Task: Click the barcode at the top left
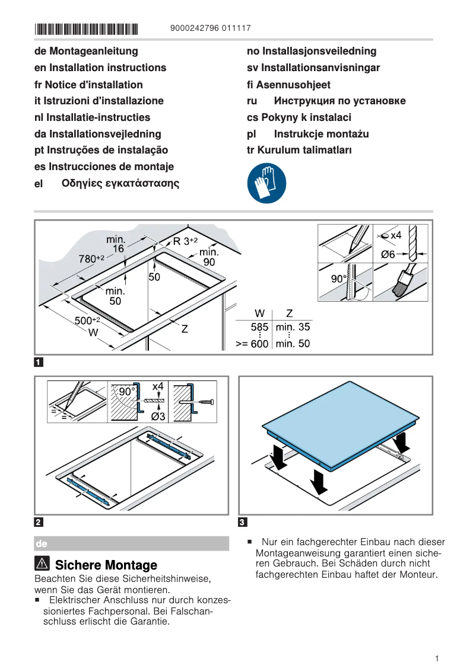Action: pos(86,28)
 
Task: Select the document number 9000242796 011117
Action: pos(210,28)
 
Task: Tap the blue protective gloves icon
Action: pos(266,184)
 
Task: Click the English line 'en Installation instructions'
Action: pos(100,68)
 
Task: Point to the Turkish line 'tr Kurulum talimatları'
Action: pos(299,151)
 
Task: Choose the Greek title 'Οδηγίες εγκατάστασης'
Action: pos(120,184)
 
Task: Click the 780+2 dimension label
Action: pos(91,258)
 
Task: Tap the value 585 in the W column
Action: pos(259,327)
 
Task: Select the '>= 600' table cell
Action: pos(252,344)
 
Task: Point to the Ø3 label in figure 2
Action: pos(158,417)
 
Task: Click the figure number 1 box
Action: pos(39,361)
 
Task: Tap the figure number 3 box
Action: pos(242,522)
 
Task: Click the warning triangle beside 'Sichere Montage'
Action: pos(43,564)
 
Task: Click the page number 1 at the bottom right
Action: pos(436,658)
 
